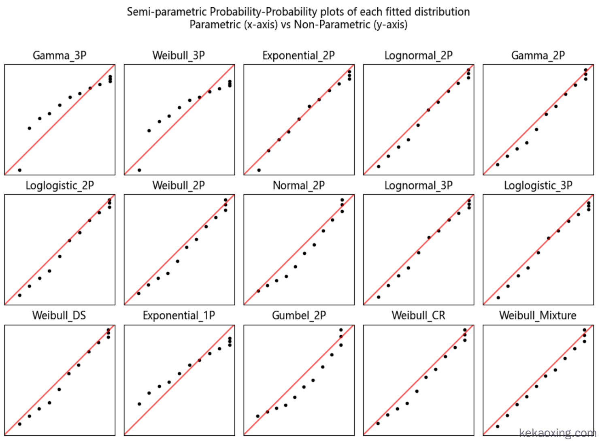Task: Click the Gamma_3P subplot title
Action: [60, 55]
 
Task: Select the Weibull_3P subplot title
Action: [179, 55]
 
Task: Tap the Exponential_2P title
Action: [298, 55]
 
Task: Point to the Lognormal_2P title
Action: [418, 55]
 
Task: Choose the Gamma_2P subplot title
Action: [538, 55]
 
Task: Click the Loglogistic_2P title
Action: [60, 185]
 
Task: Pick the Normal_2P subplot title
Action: [298, 185]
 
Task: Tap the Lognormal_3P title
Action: [418, 185]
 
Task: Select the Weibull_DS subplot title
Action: [59, 315]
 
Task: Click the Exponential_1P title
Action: [179, 315]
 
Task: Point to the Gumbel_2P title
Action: [298, 315]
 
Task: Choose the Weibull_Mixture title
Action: [538, 315]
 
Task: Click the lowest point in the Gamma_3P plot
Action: [20, 170]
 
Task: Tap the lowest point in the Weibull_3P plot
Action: [139, 170]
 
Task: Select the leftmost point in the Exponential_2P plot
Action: [259, 170]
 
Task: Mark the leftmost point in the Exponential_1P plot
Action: [139, 404]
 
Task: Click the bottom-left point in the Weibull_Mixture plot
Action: [498, 426]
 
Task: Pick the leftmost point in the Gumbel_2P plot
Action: [258, 416]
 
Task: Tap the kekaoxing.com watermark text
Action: [557, 433]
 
